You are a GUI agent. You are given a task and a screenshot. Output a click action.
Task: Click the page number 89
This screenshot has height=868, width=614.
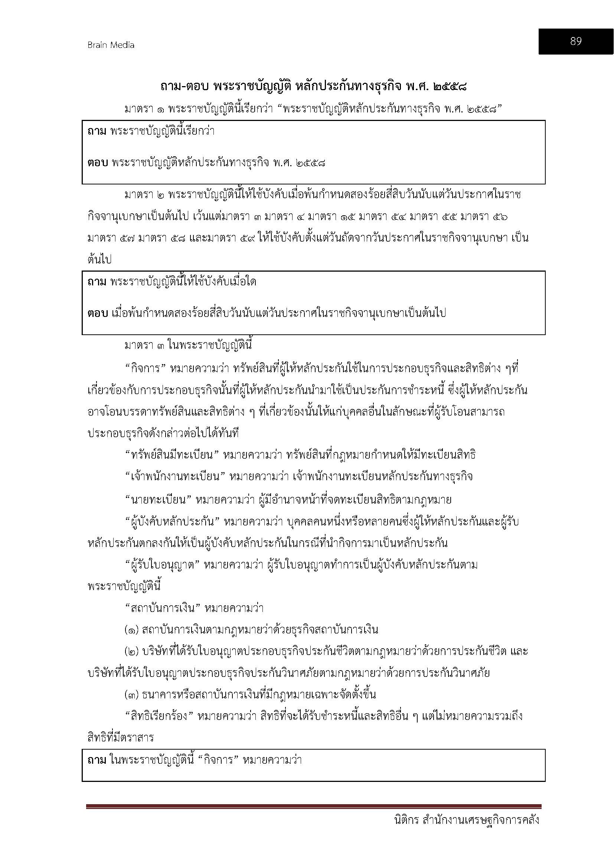[575, 41]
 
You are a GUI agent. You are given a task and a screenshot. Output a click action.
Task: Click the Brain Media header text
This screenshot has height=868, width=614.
[111, 45]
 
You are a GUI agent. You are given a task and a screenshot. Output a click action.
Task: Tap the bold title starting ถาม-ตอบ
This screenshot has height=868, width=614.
[313, 87]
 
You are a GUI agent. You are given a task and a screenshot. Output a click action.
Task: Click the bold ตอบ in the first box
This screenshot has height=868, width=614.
[98, 163]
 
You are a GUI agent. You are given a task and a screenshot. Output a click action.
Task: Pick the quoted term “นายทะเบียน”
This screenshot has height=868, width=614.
[158, 500]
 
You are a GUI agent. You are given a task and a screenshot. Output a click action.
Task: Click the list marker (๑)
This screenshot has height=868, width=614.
[131, 630]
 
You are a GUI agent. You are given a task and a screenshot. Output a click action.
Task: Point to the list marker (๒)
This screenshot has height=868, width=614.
[131, 651]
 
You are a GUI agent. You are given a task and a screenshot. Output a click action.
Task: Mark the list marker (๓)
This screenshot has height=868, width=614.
[131, 695]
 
